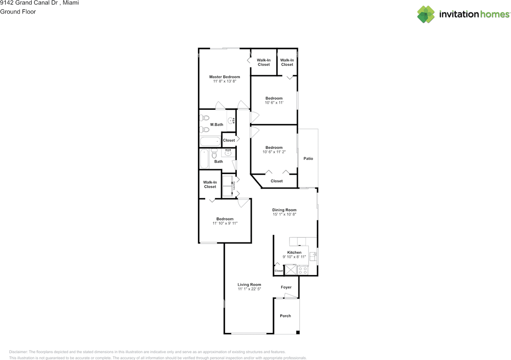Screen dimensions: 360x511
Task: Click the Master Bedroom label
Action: tap(224, 77)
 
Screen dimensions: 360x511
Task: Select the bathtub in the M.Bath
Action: tap(210, 141)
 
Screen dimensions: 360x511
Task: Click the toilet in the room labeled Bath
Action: tap(214, 153)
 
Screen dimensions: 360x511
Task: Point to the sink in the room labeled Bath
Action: tap(228, 153)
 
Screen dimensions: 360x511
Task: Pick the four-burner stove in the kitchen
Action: tap(303, 271)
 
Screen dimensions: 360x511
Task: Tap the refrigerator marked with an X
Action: tap(290, 271)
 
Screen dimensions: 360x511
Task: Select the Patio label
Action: tap(308, 158)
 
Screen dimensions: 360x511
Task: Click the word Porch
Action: tap(285, 316)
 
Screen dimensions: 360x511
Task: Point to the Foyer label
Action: tap(286, 287)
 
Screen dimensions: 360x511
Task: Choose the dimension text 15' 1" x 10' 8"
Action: tap(284, 214)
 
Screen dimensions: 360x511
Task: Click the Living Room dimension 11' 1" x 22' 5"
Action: tap(249, 289)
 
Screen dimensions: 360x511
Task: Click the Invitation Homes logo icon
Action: tap(426, 14)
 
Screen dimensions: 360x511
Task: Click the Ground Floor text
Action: tap(18, 12)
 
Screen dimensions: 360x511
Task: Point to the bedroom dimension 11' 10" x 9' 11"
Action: tap(225, 223)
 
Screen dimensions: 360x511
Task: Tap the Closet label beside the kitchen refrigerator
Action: tap(279, 271)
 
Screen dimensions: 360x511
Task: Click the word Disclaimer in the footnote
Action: tap(18, 352)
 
